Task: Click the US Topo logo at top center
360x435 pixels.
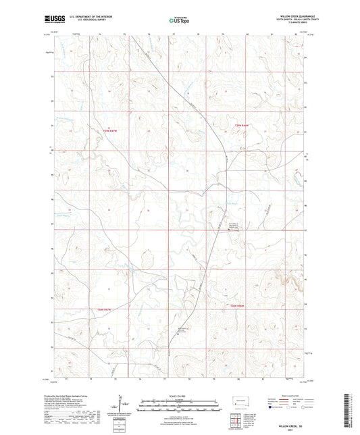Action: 179,21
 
